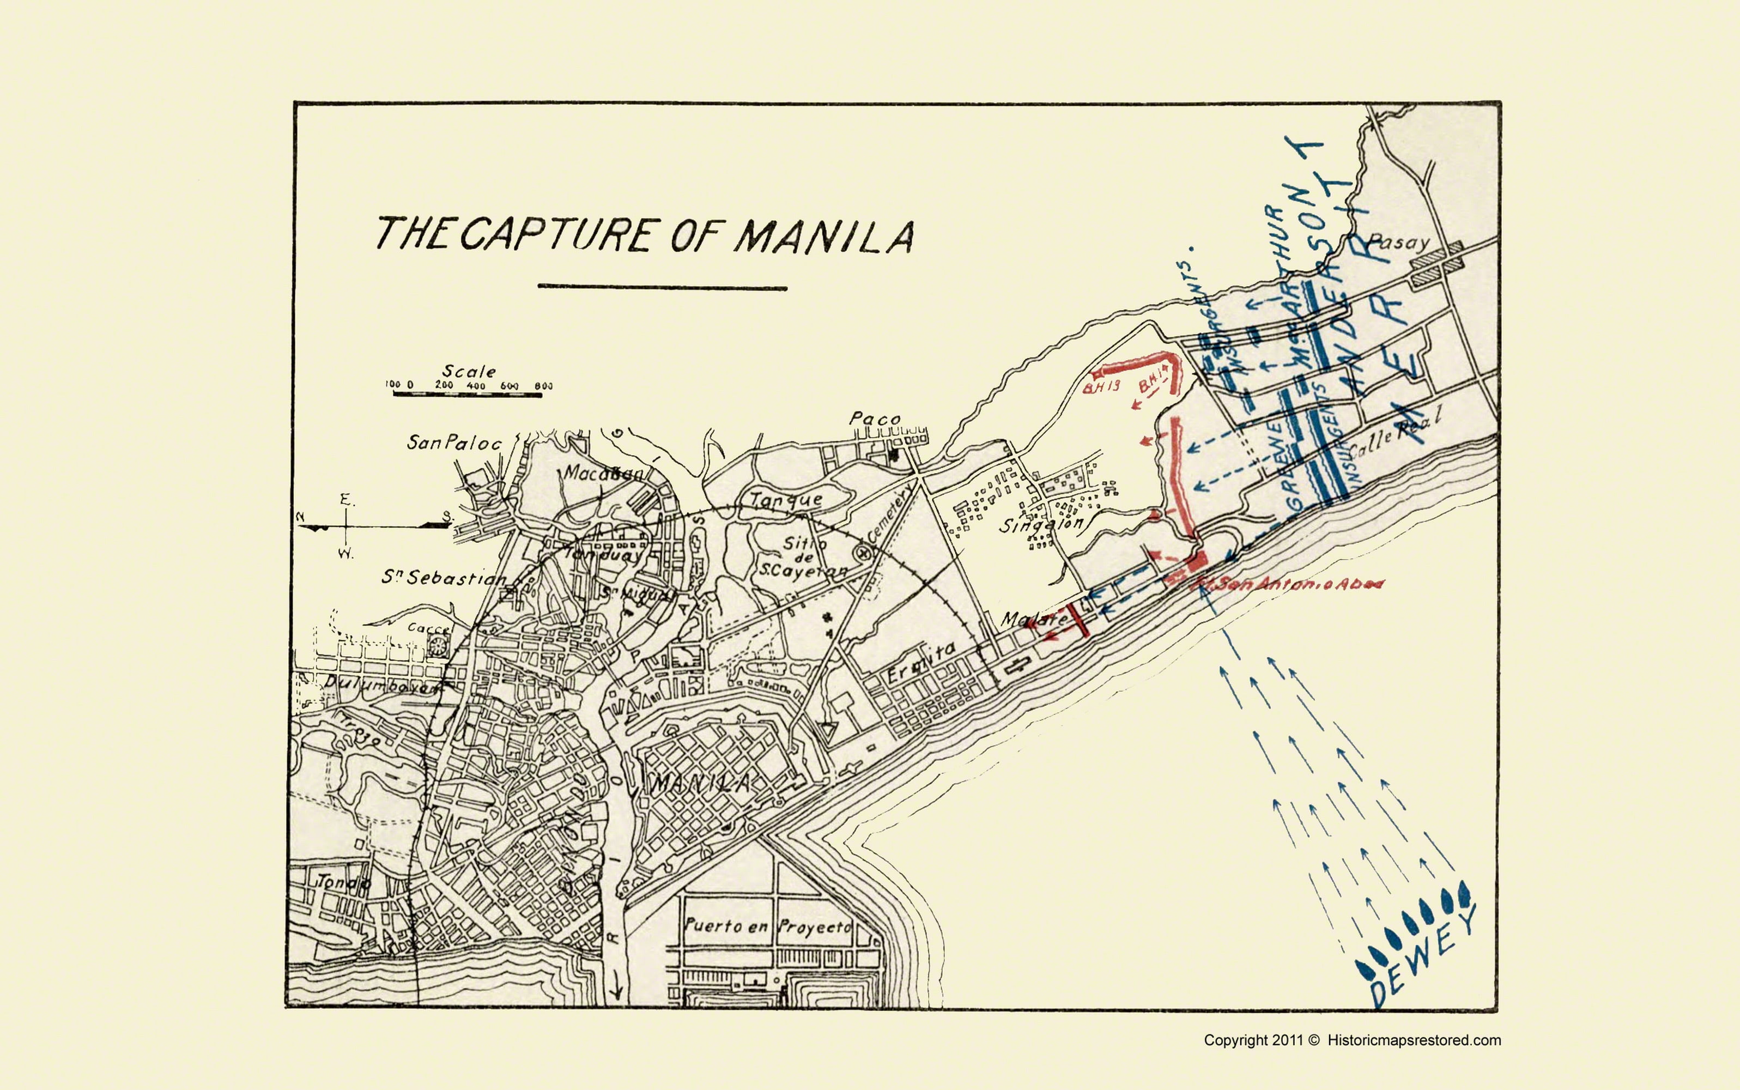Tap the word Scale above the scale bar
(x=469, y=371)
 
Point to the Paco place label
(x=875, y=418)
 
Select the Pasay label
(x=1398, y=242)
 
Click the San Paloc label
(x=454, y=442)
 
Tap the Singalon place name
(x=1041, y=524)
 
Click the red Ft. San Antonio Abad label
(x=1290, y=584)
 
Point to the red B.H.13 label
(x=1101, y=387)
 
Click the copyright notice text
(x=1352, y=1040)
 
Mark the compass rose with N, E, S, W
(x=346, y=526)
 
